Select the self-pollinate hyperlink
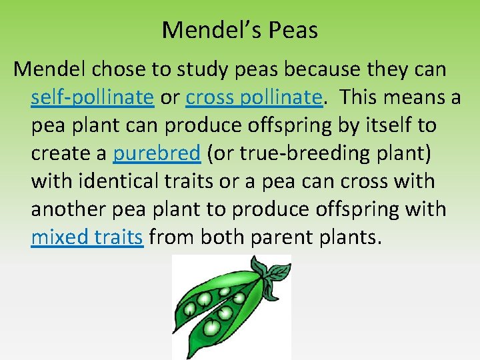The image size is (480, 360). coord(92,97)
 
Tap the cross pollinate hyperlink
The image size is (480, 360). coord(254,97)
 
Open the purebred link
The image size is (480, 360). coord(157,153)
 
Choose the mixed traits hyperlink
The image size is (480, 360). coord(87,237)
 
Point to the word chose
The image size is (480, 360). coord(114,69)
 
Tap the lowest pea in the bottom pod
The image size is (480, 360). coord(212,327)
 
